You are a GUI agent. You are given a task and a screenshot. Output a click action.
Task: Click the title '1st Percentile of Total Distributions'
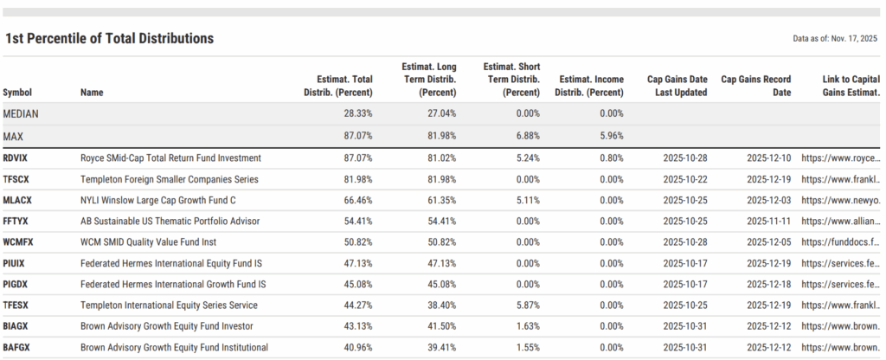[x=109, y=39]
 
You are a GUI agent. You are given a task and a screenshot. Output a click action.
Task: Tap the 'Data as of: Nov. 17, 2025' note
[x=834, y=39]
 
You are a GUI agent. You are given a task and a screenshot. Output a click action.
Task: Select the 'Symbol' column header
[x=17, y=93]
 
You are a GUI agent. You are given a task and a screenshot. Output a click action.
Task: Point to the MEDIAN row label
[x=21, y=113]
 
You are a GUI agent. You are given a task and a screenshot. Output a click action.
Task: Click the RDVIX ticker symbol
[x=19, y=158]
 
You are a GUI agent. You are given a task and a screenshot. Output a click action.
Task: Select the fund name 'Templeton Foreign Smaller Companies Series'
[x=170, y=179]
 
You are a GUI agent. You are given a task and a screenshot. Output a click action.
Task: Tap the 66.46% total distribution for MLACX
[x=356, y=200]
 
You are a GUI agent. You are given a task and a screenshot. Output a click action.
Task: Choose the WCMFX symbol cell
[x=21, y=242]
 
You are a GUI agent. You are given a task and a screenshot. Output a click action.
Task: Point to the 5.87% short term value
[x=524, y=305]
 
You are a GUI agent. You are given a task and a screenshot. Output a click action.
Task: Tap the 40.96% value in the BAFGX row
[x=356, y=347]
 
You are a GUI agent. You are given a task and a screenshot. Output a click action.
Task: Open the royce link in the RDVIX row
[x=840, y=158]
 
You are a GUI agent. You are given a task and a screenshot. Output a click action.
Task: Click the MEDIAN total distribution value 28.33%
[x=356, y=113]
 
